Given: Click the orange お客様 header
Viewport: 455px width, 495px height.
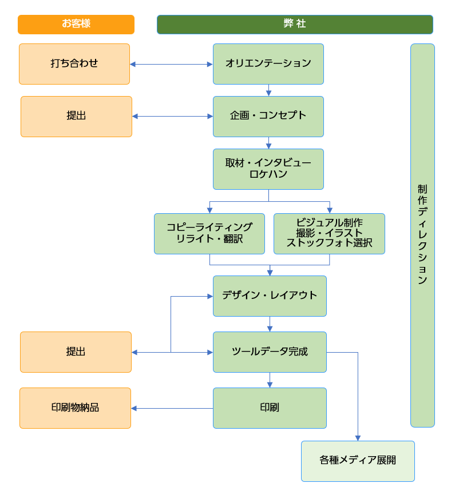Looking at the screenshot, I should click(x=76, y=25).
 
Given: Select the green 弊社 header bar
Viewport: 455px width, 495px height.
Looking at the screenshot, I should click(x=295, y=25).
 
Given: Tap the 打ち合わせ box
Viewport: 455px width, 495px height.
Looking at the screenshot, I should click(x=74, y=64).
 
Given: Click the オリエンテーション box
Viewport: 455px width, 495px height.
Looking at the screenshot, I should click(x=268, y=64).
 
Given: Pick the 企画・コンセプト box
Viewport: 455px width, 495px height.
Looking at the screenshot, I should click(x=268, y=117).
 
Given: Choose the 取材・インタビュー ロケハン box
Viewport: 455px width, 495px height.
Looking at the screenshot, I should click(x=268, y=169).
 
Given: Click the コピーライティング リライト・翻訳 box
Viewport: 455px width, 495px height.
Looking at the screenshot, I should click(x=209, y=234).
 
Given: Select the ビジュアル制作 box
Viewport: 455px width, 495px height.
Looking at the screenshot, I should click(x=329, y=234).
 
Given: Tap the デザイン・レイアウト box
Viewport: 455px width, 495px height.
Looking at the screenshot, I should click(x=270, y=296).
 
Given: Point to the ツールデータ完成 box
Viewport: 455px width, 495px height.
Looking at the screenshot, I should click(x=270, y=352).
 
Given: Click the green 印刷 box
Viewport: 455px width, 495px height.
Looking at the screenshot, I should click(x=270, y=408).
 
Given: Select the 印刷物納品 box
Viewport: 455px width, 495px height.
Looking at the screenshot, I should click(x=75, y=408).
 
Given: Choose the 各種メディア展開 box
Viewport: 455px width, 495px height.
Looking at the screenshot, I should click(x=358, y=461).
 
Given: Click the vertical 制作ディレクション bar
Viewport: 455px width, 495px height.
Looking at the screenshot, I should click(x=422, y=235).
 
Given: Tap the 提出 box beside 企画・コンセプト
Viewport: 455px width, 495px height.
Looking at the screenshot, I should click(x=76, y=117).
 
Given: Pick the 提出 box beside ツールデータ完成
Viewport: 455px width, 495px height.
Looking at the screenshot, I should click(x=76, y=352).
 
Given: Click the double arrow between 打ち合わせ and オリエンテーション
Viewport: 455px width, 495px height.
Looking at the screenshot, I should click(x=171, y=65).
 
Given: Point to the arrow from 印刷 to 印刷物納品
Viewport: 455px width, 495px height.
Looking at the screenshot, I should click(x=172, y=408).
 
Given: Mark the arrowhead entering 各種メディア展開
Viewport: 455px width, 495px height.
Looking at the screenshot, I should click(x=358, y=438).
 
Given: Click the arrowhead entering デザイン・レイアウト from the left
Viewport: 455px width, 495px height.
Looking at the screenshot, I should click(x=209, y=296).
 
